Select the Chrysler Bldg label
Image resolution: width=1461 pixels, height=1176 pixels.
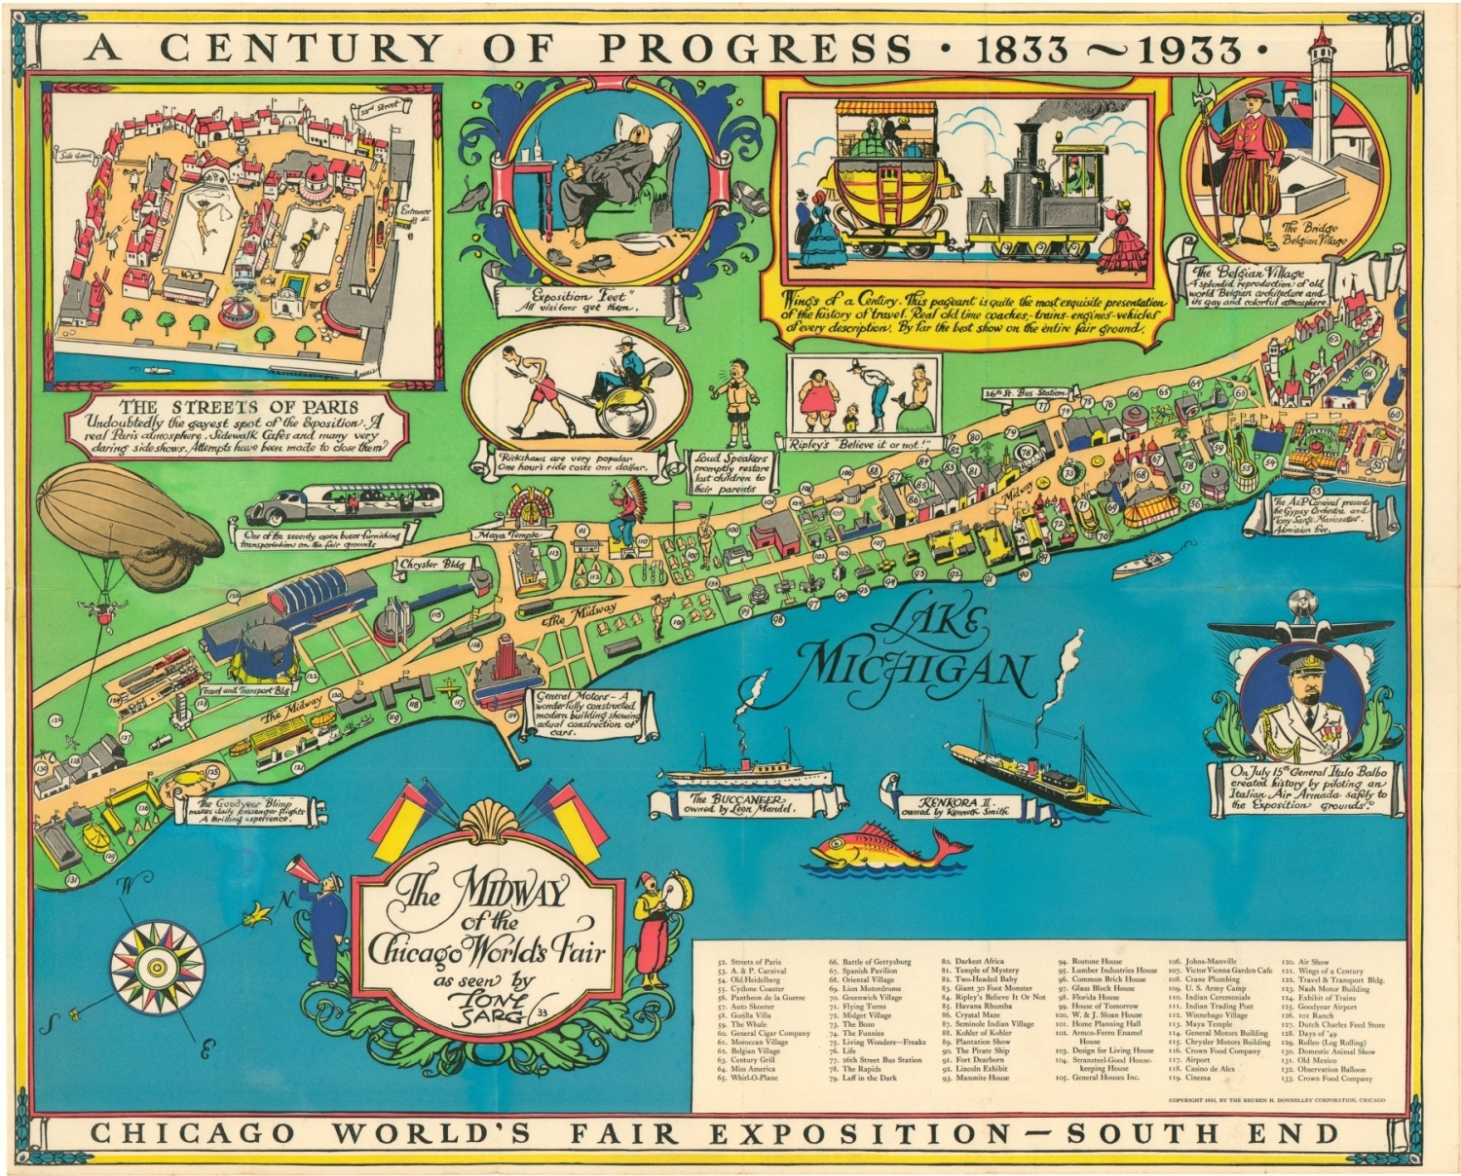[x=431, y=565]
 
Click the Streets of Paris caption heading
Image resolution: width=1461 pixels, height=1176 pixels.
[x=239, y=407]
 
